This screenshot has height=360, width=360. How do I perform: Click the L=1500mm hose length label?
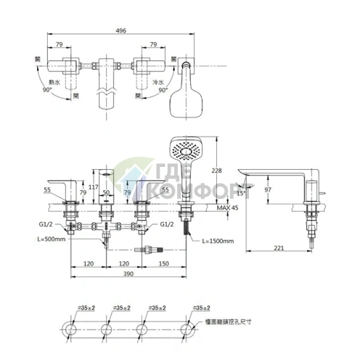(x=216, y=240)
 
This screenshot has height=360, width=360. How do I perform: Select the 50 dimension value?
(x=106, y=192)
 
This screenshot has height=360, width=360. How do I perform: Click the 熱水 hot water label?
(x=52, y=83)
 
